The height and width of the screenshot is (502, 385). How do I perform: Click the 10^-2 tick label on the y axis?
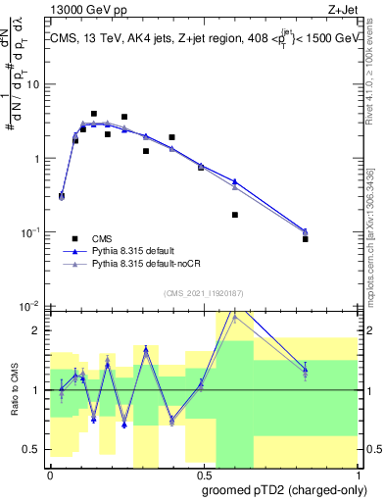(32, 306)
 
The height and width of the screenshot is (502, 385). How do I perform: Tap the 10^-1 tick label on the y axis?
(32, 232)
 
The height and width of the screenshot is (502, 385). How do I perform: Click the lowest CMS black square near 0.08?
(306, 239)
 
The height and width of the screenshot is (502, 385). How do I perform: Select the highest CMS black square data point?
(94, 114)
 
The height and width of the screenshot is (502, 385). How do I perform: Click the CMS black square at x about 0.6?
(235, 215)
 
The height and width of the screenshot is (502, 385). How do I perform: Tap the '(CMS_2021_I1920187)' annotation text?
(203, 293)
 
